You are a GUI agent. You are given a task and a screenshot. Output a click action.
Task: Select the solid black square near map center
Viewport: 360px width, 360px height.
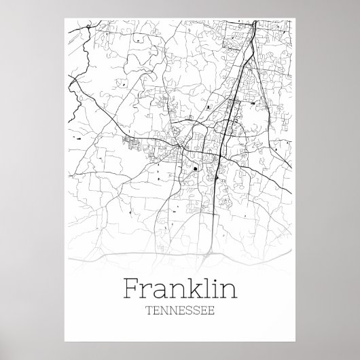coord(196,169)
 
